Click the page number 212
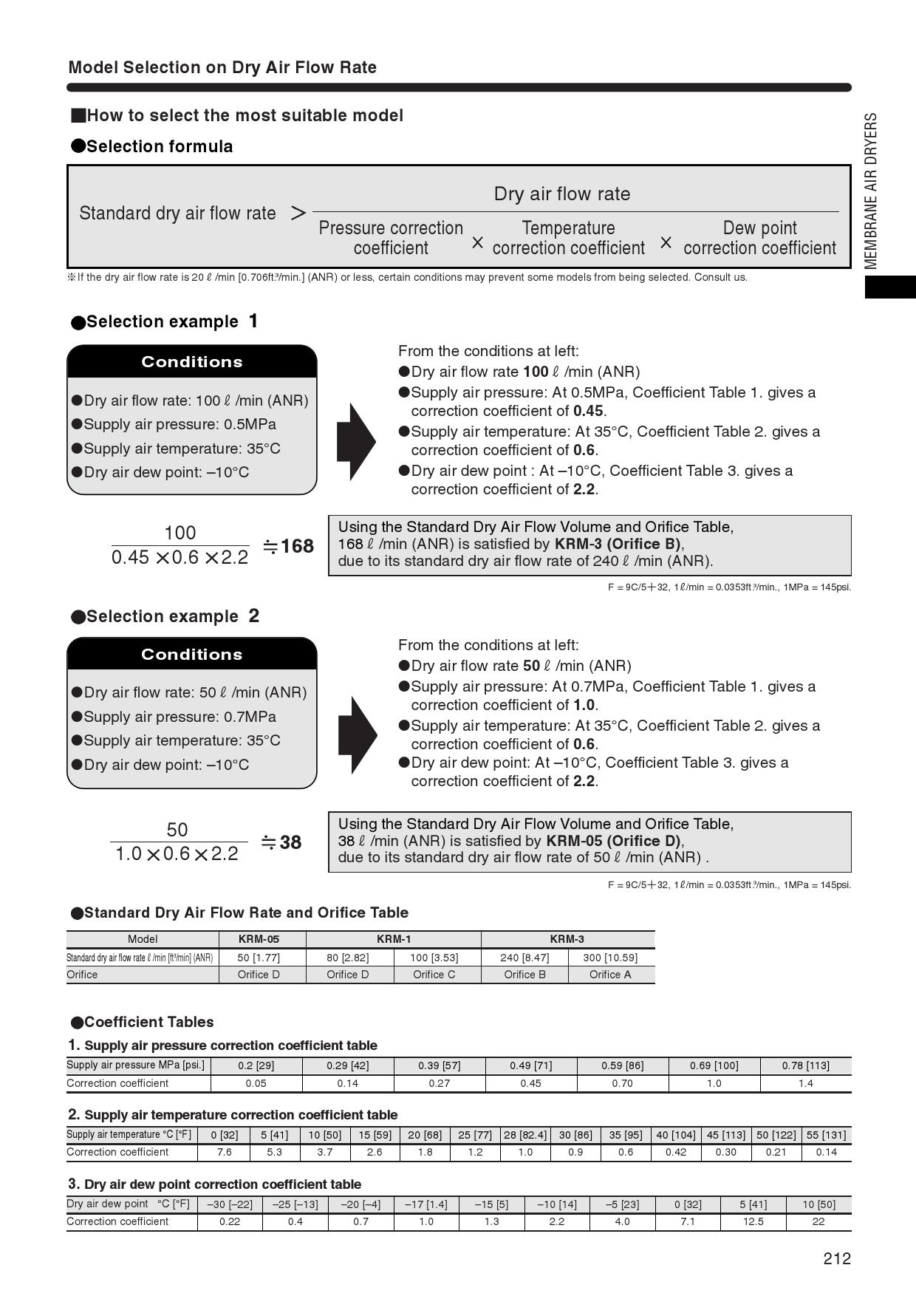(837, 1258)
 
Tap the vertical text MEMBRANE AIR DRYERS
(872, 191)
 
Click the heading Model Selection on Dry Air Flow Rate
(222, 67)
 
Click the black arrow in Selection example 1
(356, 442)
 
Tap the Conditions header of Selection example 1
(192, 361)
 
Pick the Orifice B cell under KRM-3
(524, 975)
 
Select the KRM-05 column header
(259, 939)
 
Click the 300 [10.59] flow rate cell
(610, 958)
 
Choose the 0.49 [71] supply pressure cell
(530, 1065)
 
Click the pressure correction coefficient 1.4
(805, 1083)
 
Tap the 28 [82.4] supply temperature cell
(525, 1135)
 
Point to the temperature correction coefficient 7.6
(224, 1152)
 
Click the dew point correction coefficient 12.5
(753, 1221)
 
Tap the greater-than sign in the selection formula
(298, 214)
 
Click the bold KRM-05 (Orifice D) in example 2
(614, 841)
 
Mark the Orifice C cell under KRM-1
(434, 975)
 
